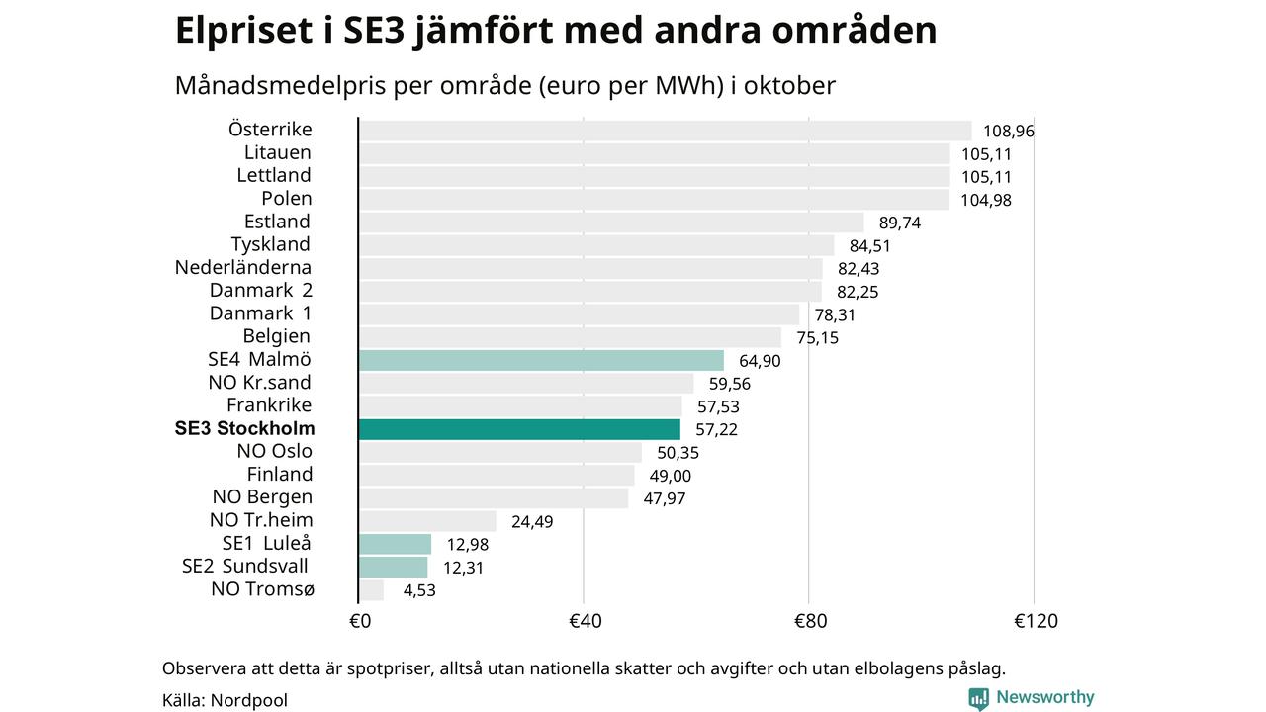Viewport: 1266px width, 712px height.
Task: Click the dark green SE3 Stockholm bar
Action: click(x=519, y=429)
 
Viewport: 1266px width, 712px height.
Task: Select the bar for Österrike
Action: click(x=665, y=131)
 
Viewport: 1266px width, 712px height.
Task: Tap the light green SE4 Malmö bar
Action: click(x=541, y=360)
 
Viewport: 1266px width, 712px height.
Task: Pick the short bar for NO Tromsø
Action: click(x=372, y=590)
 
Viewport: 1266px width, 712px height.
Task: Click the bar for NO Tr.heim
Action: click(x=427, y=521)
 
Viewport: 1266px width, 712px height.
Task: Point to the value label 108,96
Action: click(x=1008, y=131)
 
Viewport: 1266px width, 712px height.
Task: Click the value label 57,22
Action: click(x=716, y=429)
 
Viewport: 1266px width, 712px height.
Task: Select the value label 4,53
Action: click(x=419, y=590)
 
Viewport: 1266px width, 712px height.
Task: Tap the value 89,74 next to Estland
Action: click(x=899, y=222)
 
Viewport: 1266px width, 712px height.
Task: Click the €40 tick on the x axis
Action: click(x=585, y=621)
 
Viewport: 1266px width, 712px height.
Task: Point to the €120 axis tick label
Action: click(x=1036, y=621)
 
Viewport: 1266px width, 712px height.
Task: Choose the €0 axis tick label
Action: click(x=360, y=621)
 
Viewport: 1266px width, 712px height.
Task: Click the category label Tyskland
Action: click(x=271, y=244)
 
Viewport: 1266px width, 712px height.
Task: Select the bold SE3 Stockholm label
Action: click(x=245, y=429)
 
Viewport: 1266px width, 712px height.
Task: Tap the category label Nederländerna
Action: click(x=243, y=267)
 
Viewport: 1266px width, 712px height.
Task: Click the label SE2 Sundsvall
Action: click(x=245, y=567)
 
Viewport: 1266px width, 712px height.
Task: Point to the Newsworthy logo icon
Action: click(x=978, y=698)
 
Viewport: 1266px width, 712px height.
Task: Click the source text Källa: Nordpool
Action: click(x=225, y=700)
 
